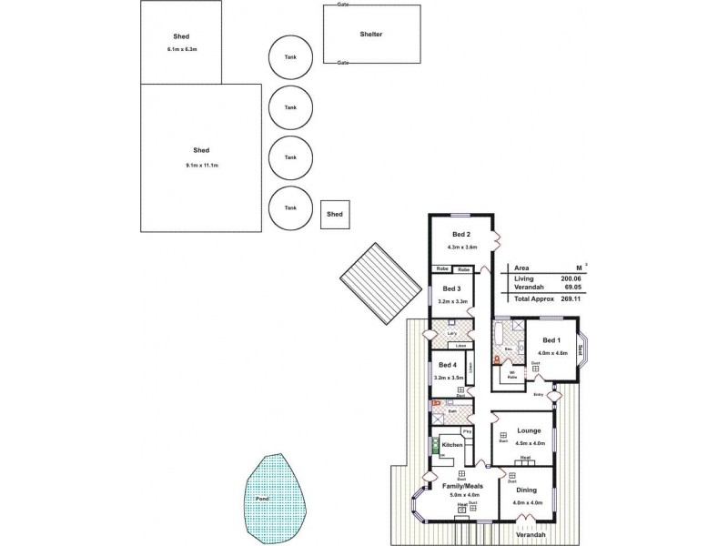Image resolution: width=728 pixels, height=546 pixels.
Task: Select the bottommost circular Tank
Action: pyautogui.click(x=290, y=207)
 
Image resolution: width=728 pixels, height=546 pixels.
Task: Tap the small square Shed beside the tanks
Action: pyautogui.click(x=335, y=214)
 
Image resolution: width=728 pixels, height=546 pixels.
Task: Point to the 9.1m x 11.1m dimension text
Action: pyautogui.click(x=202, y=165)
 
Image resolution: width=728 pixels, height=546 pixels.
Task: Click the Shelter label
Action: pyautogui.click(x=371, y=35)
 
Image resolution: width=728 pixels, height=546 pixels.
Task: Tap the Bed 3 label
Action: pyautogui.click(x=451, y=288)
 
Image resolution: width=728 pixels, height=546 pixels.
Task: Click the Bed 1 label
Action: pyautogui.click(x=551, y=340)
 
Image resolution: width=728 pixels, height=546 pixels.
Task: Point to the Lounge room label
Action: pyautogui.click(x=529, y=430)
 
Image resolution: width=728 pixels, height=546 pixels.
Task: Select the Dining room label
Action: pyautogui.click(x=527, y=490)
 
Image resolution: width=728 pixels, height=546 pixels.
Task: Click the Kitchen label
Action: pyautogui.click(x=453, y=446)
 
